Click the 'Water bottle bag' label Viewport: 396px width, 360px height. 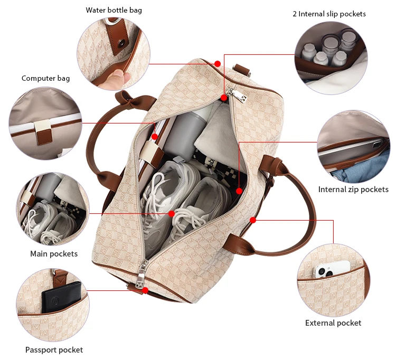(114, 10)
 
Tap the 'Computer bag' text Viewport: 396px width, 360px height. (45, 78)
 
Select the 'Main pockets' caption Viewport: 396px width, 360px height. (54, 254)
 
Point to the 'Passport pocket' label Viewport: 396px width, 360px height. (54, 349)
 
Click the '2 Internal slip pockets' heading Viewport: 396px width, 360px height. (329, 14)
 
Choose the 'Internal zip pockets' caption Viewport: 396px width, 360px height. (353, 190)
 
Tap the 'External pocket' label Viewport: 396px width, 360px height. (333, 323)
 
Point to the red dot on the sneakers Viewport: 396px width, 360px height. (172, 214)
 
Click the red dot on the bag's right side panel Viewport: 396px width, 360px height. (253, 220)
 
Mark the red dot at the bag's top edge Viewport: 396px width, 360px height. (217, 63)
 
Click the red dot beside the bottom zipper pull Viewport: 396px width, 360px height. (145, 290)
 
